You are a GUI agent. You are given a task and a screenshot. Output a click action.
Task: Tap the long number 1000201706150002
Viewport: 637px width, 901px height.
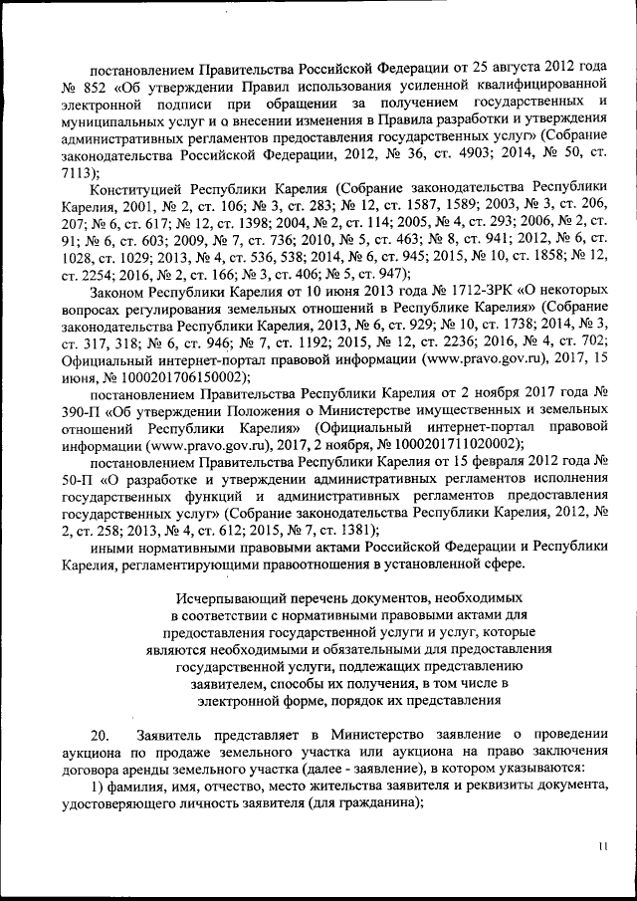click(173, 379)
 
